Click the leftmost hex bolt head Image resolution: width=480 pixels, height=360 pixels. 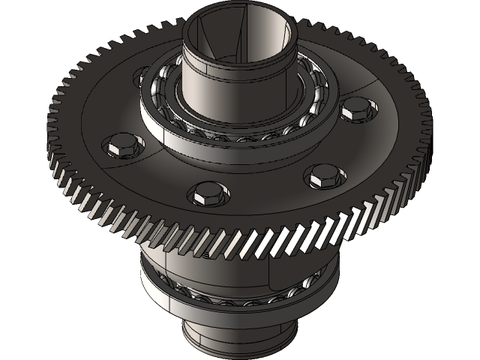pos(119,145)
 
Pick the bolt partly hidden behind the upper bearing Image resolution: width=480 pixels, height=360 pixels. pos(142,75)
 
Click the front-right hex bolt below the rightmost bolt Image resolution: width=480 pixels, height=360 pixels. pos(325,175)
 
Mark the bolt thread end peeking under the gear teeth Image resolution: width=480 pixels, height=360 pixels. pos(201,255)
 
